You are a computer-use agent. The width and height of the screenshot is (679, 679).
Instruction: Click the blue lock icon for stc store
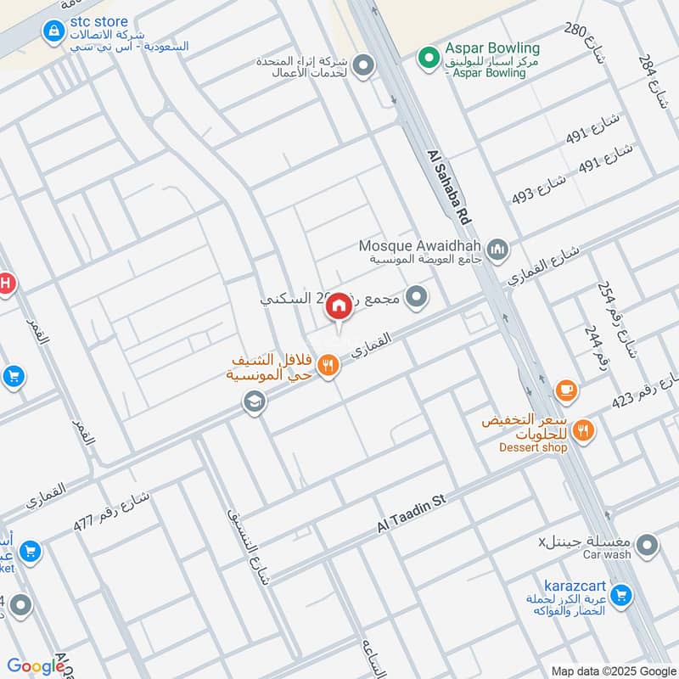53,31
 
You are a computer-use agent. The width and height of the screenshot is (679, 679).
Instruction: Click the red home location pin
339,307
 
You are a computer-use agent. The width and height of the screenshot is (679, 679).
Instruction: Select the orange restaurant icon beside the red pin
328,366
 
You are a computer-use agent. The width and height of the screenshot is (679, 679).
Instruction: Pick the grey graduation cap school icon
253,402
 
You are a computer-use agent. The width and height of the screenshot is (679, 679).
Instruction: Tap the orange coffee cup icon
565,390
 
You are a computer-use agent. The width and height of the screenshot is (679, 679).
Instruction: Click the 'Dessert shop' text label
532,447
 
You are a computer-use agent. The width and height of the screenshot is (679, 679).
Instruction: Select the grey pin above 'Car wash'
647,545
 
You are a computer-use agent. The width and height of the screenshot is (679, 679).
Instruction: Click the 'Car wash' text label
607,554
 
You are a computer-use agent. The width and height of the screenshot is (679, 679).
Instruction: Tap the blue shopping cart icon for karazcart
620,597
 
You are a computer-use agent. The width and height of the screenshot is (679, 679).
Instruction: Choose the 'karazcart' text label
574,586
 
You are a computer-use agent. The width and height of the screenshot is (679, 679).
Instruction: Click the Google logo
36,667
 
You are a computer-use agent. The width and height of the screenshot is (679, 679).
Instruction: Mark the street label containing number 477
111,510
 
